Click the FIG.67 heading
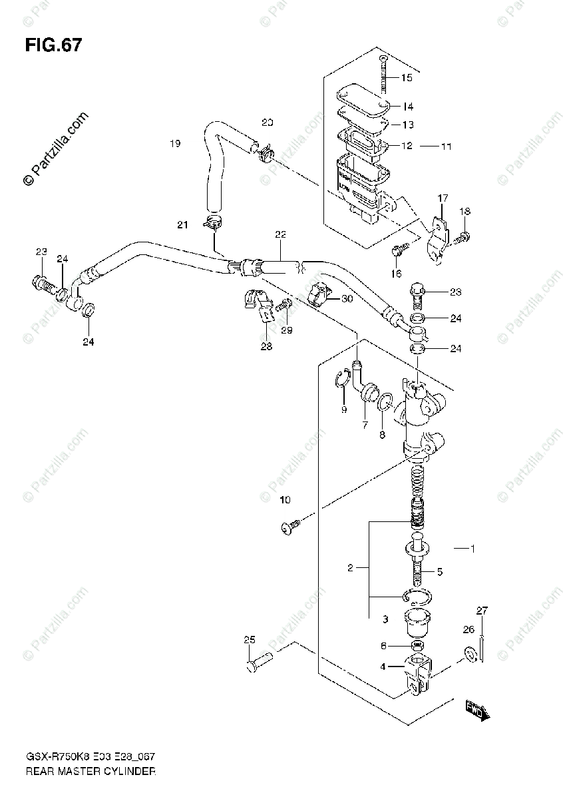click(x=53, y=46)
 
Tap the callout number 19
click(x=175, y=143)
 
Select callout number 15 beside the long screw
click(x=406, y=78)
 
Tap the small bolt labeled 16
click(x=399, y=250)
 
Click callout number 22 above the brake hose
click(x=280, y=234)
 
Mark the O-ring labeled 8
click(x=385, y=402)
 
